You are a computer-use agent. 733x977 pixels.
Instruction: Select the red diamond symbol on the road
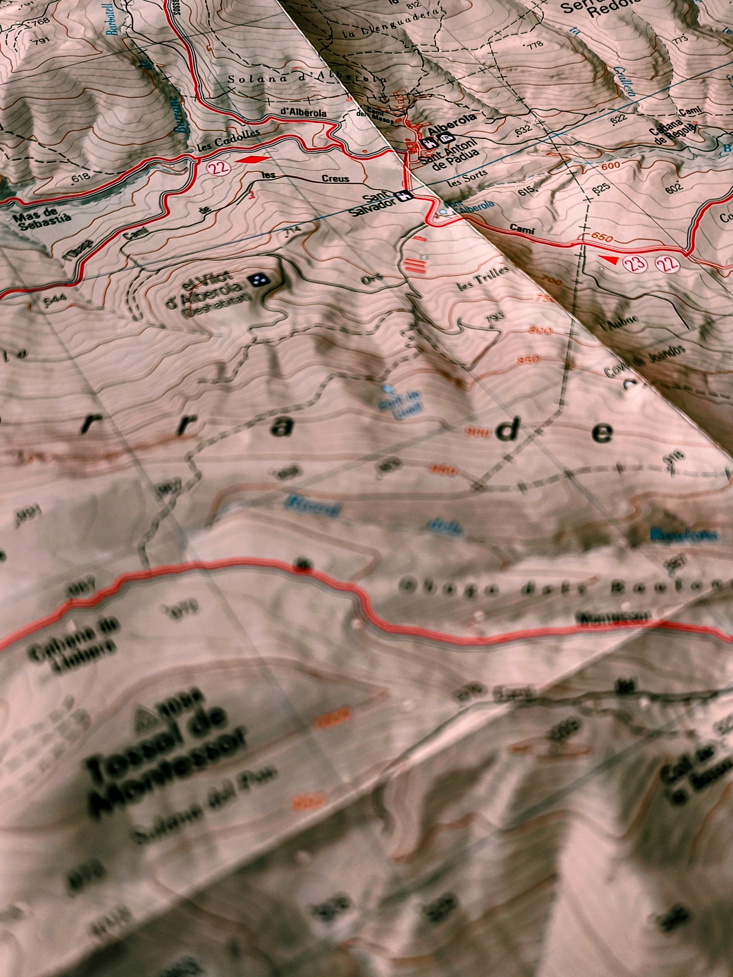(x=252, y=160)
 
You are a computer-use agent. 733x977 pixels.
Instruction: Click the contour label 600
(x=611, y=166)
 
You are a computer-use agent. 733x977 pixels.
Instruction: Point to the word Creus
(x=335, y=178)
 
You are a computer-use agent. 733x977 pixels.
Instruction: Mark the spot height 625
(x=602, y=188)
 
